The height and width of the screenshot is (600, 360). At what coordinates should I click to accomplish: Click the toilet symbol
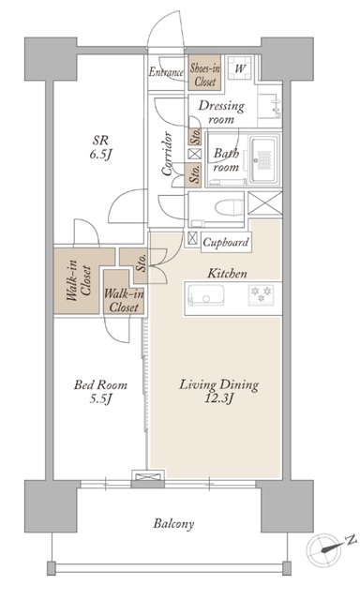pos(229,208)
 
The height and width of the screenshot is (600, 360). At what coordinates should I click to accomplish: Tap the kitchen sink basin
pos(206,295)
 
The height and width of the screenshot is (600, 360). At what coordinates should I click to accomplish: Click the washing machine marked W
pos(240,68)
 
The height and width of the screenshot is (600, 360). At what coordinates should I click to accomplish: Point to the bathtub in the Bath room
pos(263,159)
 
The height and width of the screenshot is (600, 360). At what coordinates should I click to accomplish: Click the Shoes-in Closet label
pos(205,75)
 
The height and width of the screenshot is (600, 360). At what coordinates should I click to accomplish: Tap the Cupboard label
pos(226,242)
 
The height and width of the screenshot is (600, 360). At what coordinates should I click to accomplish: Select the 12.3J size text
pos(218,398)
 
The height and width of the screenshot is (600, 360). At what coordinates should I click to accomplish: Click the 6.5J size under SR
pos(99,155)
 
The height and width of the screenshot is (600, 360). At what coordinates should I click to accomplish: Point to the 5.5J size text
pos(100,398)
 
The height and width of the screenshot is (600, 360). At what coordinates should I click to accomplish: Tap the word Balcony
pos(173,523)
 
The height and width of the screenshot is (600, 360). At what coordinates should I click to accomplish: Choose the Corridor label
pos(167,154)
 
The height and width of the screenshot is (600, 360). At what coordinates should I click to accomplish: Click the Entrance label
pos(166,72)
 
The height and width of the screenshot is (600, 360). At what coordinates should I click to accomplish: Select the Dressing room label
pos(221,112)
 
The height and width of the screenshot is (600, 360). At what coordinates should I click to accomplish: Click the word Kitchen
pos(227,274)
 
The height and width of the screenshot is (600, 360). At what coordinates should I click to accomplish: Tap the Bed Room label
pos(100,384)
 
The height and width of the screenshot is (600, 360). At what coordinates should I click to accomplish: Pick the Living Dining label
pos(218,384)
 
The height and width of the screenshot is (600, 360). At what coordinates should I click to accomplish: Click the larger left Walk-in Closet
pos(79,281)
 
